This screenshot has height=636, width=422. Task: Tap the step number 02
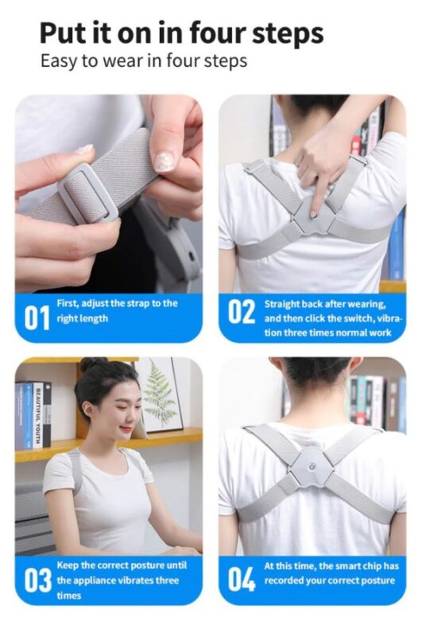pos(242,312)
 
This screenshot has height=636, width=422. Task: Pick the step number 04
pos(242,579)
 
